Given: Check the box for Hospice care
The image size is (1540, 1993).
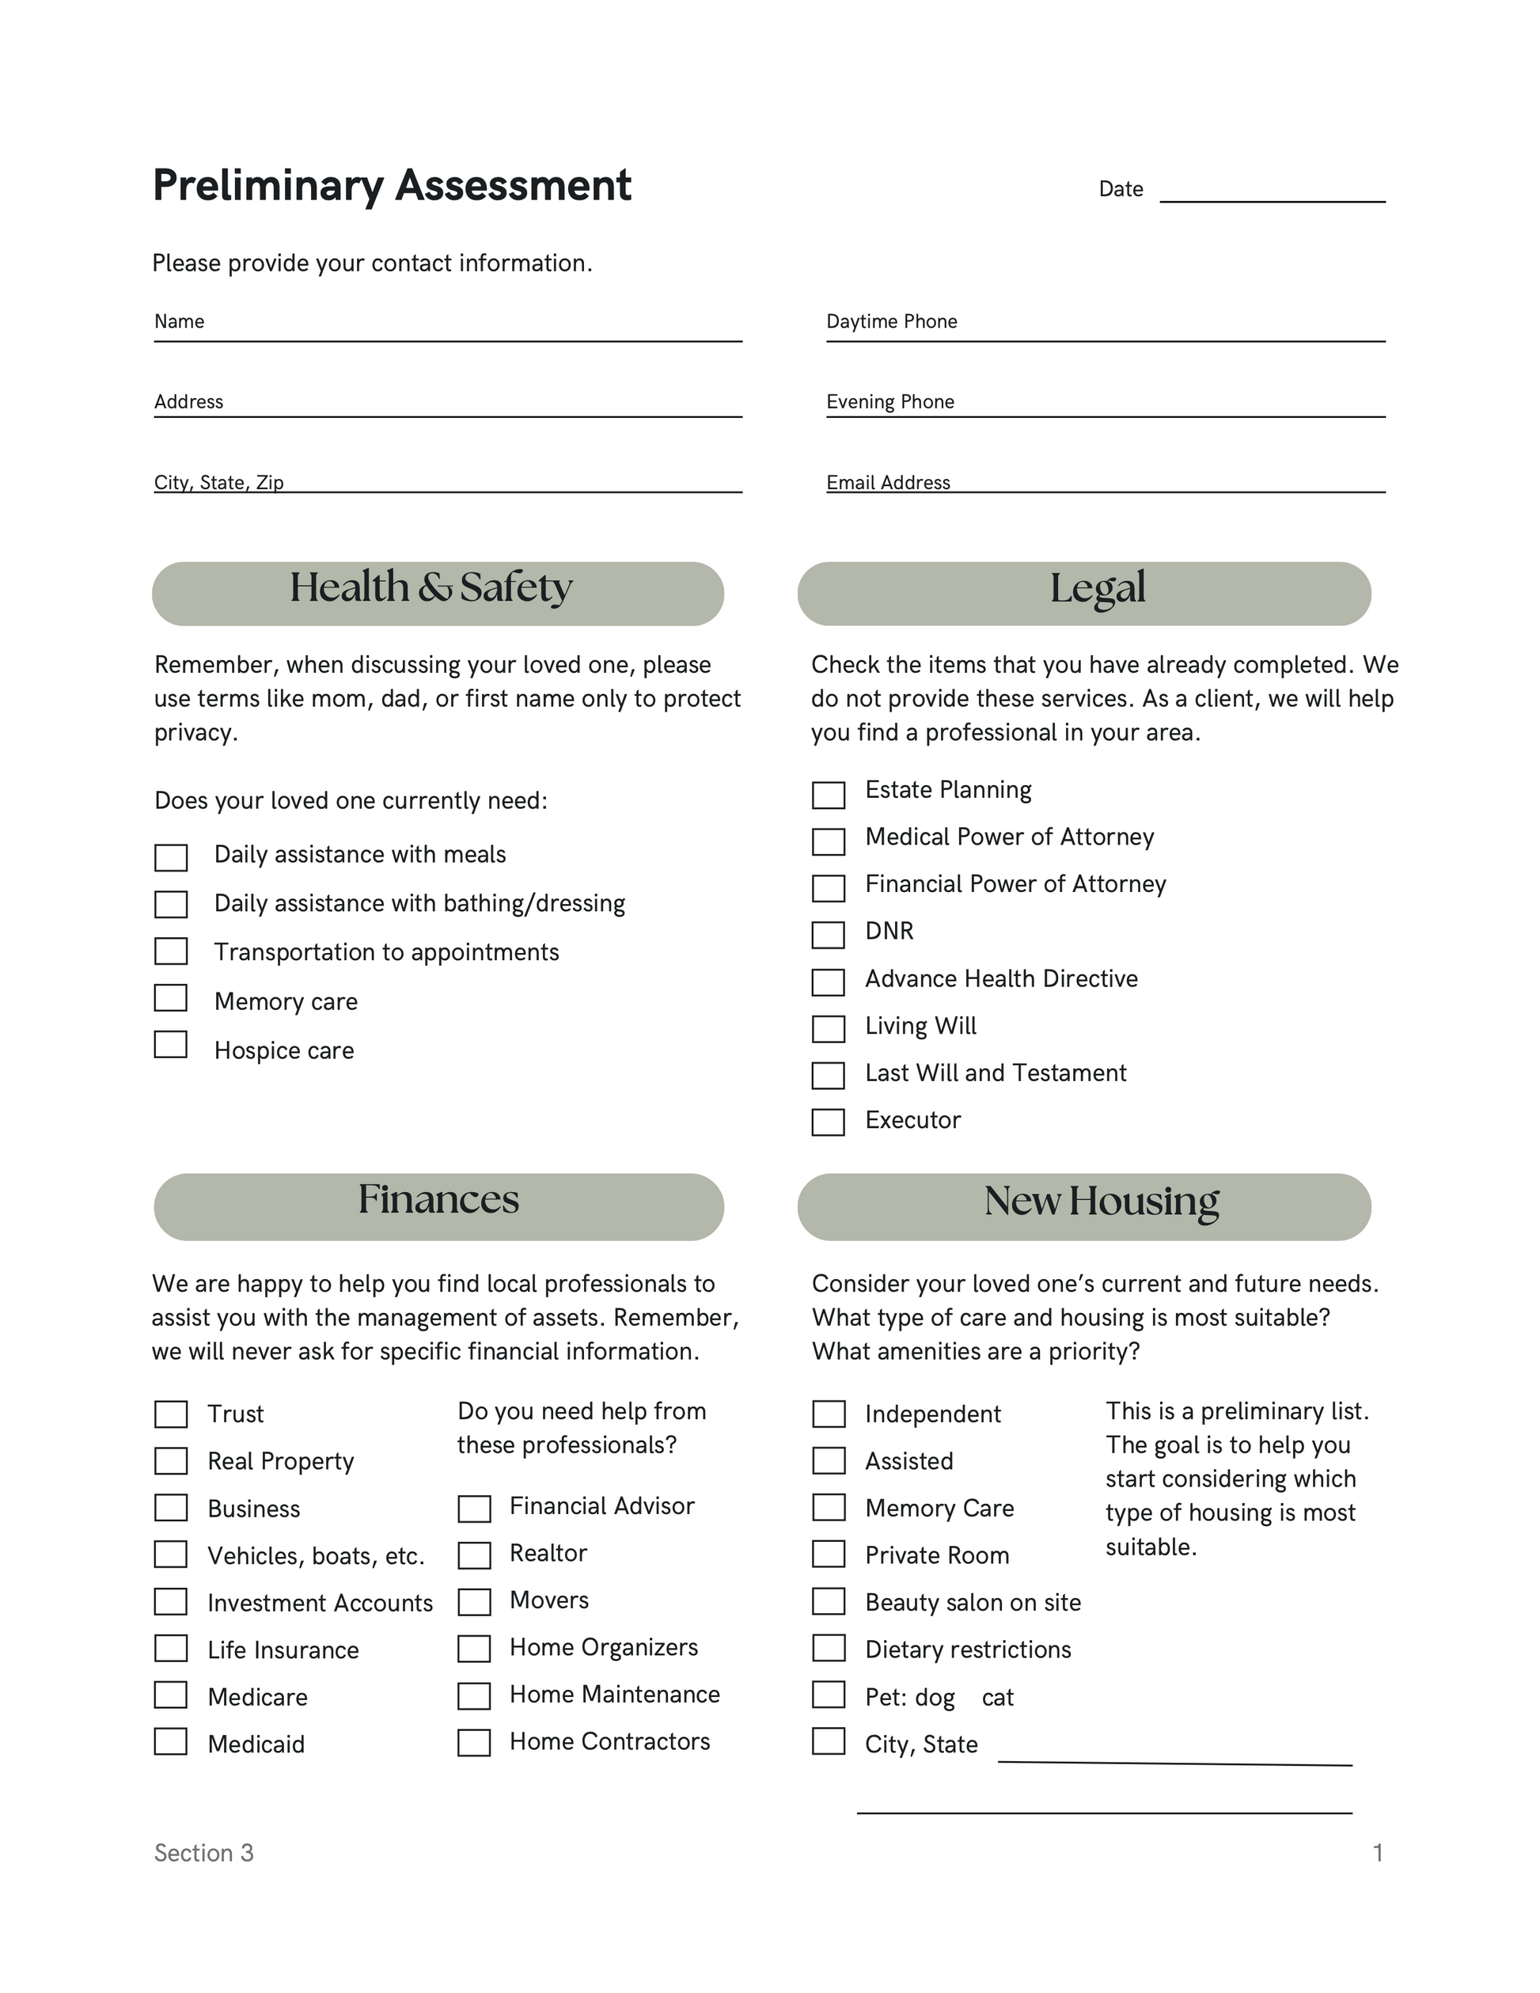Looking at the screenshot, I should pos(171,1044).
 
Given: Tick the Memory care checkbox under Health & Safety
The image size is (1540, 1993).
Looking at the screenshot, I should pos(171,997).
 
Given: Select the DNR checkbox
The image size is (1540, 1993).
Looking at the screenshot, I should pos(829,935).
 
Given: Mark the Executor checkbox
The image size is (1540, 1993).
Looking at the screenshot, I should pos(829,1122).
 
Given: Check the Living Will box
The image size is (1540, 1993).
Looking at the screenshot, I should pos(829,1028).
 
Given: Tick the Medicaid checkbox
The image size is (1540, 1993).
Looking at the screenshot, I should pos(171,1741).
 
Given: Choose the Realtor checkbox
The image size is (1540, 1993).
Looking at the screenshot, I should pos(474,1555).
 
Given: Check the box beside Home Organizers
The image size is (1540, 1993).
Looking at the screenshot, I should pos(474,1648).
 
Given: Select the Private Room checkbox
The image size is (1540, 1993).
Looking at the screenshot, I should pos(829,1553).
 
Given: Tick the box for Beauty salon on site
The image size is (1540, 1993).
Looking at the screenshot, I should pos(829,1600).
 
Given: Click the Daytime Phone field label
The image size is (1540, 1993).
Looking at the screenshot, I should pos(891,321).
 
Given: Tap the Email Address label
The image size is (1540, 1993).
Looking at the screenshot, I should pos(888,483).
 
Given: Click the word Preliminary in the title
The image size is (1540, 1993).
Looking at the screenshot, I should pos(268,186).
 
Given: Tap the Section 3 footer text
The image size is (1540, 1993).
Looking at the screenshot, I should pos(203,1852).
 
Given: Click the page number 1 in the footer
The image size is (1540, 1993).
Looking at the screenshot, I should pos(1378,1852).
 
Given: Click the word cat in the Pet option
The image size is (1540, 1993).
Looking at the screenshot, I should pos(997,1697).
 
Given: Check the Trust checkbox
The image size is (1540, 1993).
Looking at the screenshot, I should pos(171,1414).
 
